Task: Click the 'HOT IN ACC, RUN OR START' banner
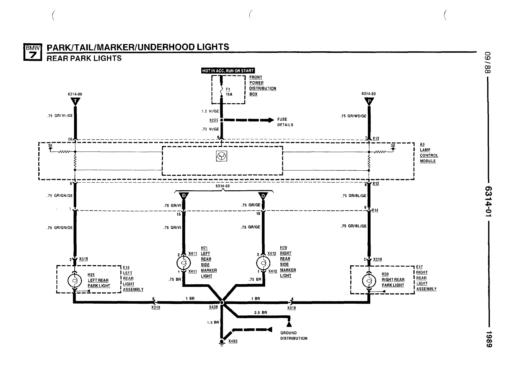(x=228, y=71)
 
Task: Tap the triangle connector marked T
(x=75, y=101)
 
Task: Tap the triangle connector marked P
(x=369, y=101)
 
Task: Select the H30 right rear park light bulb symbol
(x=369, y=280)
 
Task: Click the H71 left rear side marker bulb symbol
(x=184, y=263)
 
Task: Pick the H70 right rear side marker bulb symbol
(x=263, y=263)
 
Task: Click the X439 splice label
(x=213, y=307)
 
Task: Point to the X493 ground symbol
(x=222, y=342)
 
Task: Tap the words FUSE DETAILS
(x=285, y=122)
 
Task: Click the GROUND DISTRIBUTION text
(x=294, y=336)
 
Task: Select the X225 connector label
(x=214, y=120)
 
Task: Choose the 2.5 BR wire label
(x=260, y=313)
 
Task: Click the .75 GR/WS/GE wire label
(x=353, y=116)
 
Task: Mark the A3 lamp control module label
(x=429, y=153)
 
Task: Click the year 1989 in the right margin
(x=489, y=339)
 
